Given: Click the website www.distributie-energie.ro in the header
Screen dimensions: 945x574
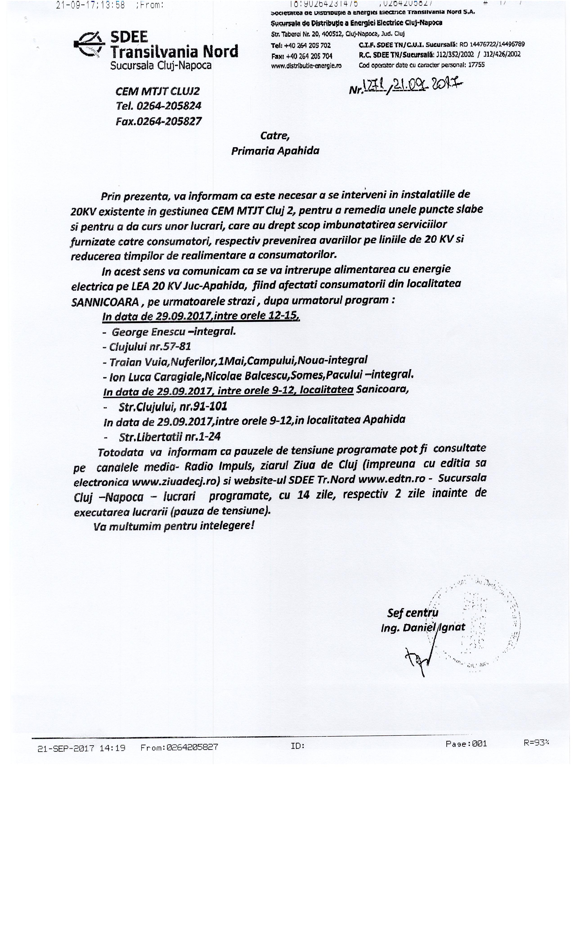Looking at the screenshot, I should (x=306, y=65).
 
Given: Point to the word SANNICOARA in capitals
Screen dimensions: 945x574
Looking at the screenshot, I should (x=105, y=302).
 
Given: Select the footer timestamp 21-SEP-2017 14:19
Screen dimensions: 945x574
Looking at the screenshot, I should (x=81, y=748).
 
